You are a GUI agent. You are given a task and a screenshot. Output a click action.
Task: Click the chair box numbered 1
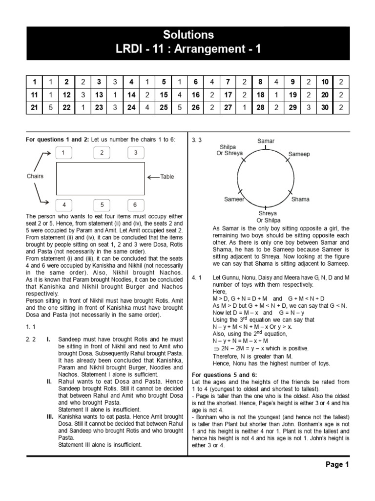63,153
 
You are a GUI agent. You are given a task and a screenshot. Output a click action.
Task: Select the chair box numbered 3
136,153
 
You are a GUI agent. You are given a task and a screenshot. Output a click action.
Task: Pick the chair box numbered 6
136,205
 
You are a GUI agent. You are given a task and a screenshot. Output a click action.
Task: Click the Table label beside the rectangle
167,177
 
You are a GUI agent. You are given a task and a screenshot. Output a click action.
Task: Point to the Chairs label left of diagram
35,176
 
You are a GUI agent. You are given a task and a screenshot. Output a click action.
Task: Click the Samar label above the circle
266,141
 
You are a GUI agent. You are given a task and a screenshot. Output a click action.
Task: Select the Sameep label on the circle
299,154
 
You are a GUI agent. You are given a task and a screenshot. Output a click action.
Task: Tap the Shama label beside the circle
300,199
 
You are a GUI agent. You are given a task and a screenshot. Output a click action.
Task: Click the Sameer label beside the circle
234,199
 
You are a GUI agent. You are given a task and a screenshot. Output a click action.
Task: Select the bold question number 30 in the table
325,107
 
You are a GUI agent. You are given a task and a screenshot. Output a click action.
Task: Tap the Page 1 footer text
337,465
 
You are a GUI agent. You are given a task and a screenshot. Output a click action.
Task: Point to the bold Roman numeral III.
49,416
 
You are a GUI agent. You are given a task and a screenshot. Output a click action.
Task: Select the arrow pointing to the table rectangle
152,177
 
